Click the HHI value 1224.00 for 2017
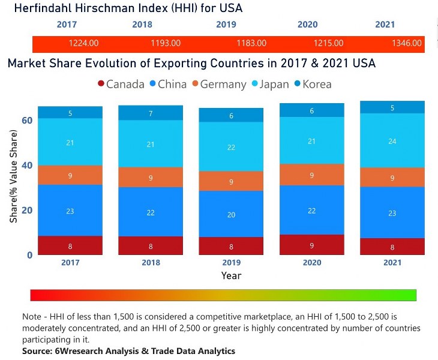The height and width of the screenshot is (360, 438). [x=83, y=43]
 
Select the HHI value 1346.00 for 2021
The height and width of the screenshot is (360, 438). [x=406, y=43]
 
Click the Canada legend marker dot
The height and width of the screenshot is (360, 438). [x=101, y=84]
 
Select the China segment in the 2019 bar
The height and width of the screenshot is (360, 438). [x=231, y=214]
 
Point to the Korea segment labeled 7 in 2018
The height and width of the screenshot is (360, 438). [x=151, y=113]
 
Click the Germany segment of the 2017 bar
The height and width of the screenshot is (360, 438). [x=70, y=175]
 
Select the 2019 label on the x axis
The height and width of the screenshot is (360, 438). [x=231, y=263]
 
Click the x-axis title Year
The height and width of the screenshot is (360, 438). [x=231, y=275]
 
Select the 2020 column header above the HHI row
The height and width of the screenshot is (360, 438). [x=307, y=25]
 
